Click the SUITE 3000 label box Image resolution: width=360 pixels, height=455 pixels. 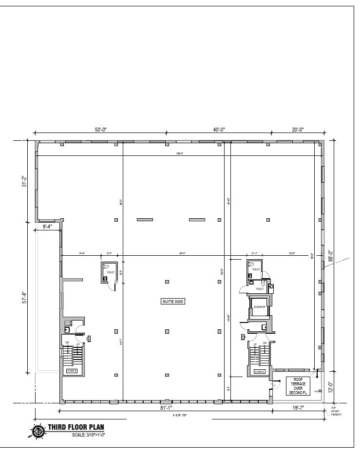(x=173, y=302)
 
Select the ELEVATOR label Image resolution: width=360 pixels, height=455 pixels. (x=259, y=307)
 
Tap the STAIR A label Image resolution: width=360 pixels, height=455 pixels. (x=259, y=372)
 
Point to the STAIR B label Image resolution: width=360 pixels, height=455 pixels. (x=72, y=371)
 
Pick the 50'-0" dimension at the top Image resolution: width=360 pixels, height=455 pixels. (x=100, y=130)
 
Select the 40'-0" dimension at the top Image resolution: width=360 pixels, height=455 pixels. (x=219, y=130)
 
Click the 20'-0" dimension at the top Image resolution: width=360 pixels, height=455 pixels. (x=298, y=130)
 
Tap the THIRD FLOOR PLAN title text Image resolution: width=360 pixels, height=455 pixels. (x=76, y=428)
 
